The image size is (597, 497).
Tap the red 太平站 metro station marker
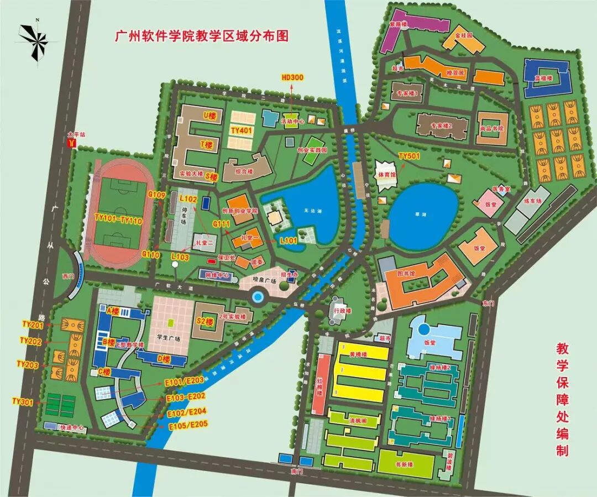[x=71, y=143]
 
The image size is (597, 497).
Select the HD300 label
[x=292, y=78]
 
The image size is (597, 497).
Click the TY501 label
[x=410, y=156]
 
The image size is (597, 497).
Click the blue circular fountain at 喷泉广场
[x=257, y=297]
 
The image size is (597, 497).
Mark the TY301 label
[x=23, y=401]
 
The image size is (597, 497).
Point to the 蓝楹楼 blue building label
[x=544, y=79]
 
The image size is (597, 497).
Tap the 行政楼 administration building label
[x=343, y=311]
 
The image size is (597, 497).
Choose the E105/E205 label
[x=187, y=425]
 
